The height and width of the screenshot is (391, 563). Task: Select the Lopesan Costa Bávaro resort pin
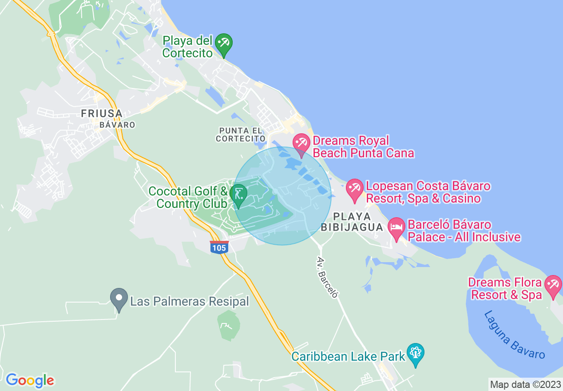coord(355,189)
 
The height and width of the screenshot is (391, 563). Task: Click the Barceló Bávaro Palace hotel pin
coord(396,227)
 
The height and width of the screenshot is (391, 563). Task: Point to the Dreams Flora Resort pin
coord(553,285)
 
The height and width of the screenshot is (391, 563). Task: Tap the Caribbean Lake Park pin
coord(416,354)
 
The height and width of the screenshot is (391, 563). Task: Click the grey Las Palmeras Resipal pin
coord(119,299)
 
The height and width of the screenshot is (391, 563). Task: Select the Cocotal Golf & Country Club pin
coord(238,195)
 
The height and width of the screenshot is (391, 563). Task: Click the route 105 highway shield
coord(219,247)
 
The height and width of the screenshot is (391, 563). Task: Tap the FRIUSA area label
coord(102,114)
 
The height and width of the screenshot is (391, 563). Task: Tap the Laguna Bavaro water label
coord(514,335)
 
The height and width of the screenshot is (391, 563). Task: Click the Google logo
coord(30,380)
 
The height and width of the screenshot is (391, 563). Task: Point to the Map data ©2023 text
coord(525,384)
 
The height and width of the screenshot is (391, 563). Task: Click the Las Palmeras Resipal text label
coord(190,302)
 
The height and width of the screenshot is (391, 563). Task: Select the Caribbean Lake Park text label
coord(349,356)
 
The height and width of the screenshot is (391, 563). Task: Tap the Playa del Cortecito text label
coord(187,47)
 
